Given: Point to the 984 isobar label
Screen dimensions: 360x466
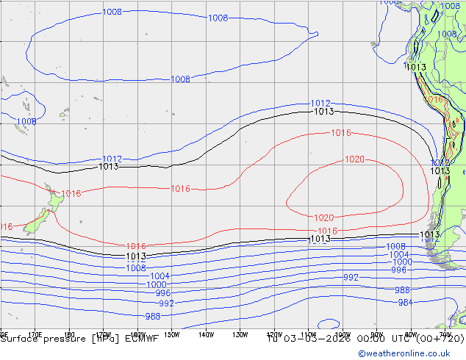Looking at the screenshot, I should pyautogui.click(x=405, y=303).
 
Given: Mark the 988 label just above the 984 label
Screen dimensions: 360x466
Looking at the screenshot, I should pyautogui.click(x=403, y=290).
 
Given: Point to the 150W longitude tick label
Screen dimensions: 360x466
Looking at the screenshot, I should pyautogui.click(x=171, y=335).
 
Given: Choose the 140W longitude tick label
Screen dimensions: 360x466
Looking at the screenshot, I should pyautogui.click(x=206, y=335).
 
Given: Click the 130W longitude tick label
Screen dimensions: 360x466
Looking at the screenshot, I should pyautogui.click(x=240, y=335).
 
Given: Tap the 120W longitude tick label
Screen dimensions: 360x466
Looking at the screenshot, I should pyautogui.click(x=274, y=335).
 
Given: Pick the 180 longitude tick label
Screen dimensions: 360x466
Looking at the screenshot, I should pyautogui.click(x=70, y=335).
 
